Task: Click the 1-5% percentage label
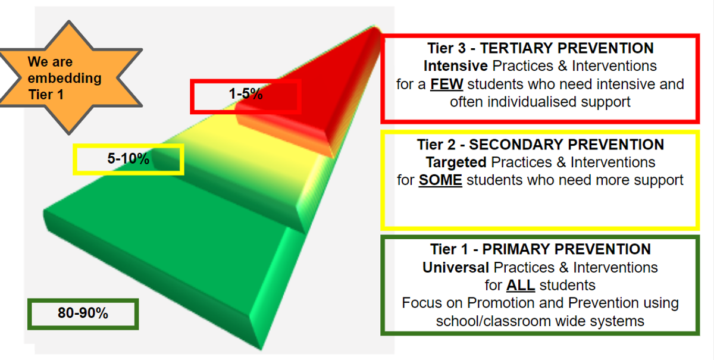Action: click(x=246, y=94)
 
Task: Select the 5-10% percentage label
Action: click(x=128, y=158)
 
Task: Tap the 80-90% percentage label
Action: click(x=83, y=313)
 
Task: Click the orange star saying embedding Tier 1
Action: click(x=68, y=77)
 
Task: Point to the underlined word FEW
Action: click(x=447, y=84)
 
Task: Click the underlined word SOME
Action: click(x=440, y=180)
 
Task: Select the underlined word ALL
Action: click(x=521, y=285)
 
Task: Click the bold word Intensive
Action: click(x=456, y=66)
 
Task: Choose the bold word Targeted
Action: click(x=456, y=162)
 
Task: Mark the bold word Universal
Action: click(x=456, y=267)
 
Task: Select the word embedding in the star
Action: click(x=64, y=78)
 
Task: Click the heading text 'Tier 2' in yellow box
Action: click(x=436, y=145)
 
